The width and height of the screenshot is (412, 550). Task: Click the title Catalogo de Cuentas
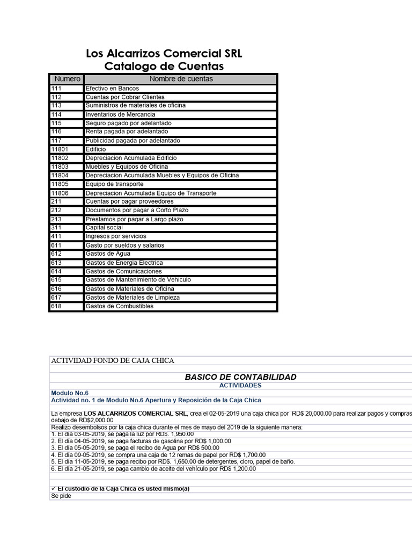[x=164, y=67]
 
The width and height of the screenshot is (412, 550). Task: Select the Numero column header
[x=67, y=79]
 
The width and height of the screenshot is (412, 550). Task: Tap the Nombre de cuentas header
[x=181, y=79]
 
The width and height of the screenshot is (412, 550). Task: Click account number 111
[x=56, y=88]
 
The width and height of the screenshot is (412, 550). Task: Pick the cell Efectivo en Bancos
[x=112, y=88]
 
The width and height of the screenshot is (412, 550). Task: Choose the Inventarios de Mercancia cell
[x=120, y=114]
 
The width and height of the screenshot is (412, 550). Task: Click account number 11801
[x=60, y=149]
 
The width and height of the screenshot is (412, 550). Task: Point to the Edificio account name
[x=96, y=149]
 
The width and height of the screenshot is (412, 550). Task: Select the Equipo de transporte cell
[x=114, y=184]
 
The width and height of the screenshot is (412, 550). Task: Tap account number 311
[x=56, y=228]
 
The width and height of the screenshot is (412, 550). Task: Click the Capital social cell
[x=104, y=228]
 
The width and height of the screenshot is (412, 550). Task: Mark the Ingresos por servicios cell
[x=115, y=236]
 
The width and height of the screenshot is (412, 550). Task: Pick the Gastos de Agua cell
[x=108, y=254]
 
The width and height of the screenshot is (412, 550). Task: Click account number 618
[x=56, y=306]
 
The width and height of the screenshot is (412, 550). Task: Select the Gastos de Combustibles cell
[x=119, y=306]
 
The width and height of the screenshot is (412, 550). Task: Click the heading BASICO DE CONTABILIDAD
[x=240, y=377]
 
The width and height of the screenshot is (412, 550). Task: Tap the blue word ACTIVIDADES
[x=240, y=386]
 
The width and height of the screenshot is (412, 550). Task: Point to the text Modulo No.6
[x=70, y=393]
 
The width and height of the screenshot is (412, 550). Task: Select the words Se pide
[x=61, y=496]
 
